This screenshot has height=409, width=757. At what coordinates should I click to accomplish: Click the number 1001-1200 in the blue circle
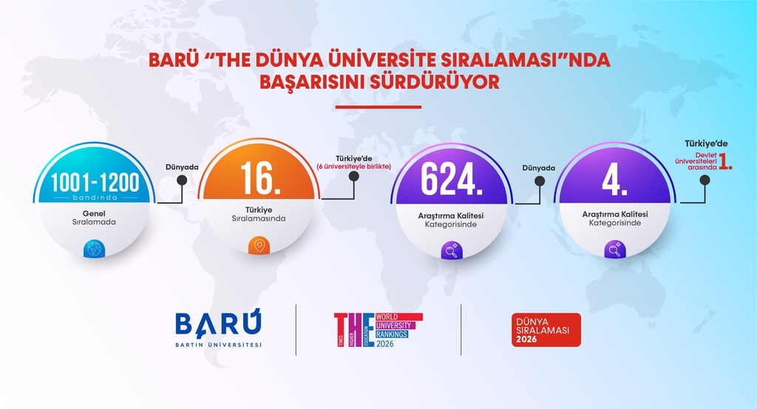[95, 183]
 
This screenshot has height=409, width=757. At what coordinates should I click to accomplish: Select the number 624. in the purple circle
[452, 180]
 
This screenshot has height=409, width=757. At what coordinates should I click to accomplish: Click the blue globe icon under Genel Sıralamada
[94, 249]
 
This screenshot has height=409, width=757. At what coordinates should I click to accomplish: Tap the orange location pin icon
[259, 246]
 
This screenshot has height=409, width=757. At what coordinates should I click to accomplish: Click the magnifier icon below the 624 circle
[452, 251]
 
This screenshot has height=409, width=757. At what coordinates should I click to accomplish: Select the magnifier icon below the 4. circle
[615, 250]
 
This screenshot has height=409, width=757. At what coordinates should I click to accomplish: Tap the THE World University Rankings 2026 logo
[378, 331]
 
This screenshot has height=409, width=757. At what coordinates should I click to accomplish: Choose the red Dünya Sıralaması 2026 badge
[546, 330]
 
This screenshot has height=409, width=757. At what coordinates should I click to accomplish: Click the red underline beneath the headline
[378, 107]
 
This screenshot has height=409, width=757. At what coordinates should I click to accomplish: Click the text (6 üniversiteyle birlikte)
[354, 166]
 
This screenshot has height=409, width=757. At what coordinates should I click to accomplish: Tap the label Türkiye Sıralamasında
[259, 214]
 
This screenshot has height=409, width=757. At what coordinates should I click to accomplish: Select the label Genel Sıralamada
[94, 217]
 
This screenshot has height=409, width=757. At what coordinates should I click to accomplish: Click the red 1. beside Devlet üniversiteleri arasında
[725, 161]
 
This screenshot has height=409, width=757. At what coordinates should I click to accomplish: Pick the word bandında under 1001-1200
[95, 197]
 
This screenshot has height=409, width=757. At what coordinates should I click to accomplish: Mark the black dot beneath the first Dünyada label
[182, 180]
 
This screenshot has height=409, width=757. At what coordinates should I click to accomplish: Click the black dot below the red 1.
[705, 180]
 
